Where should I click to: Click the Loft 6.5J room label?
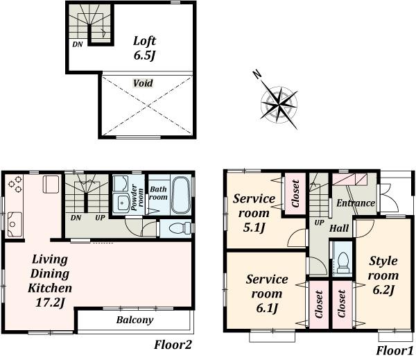coord(144,46)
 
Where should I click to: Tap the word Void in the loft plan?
coord(144,83)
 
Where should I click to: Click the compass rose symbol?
coord(279,105)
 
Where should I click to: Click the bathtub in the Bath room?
coord(180,196)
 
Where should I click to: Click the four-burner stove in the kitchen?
coord(15,185)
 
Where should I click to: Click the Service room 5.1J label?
coord(253,213)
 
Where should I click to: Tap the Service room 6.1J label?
coord(267,293)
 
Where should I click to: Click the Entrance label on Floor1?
coord(355,203)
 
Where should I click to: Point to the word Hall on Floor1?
coord(339,228)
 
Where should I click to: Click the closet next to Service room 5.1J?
coord(295,194)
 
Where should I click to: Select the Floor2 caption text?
coord(173,344)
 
